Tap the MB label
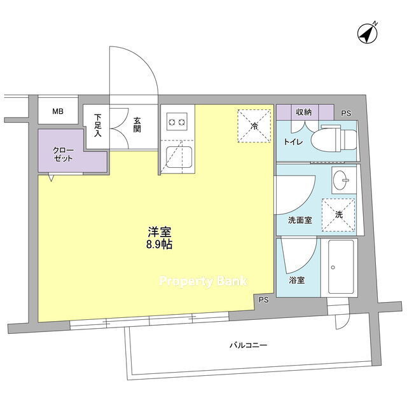(58, 112)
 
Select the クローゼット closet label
(63, 154)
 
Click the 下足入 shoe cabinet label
(97, 125)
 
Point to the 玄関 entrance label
(137, 125)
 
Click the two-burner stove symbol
(177, 121)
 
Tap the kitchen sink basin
(179, 157)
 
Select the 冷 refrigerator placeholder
(254, 126)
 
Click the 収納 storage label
(304, 113)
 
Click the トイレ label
(293, 142)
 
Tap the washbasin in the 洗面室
(341, 180)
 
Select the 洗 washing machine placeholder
(338, 215)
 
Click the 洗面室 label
(300, 221)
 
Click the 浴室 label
(297, 280)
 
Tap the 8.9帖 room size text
(160, 244)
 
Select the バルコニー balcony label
(248, 345)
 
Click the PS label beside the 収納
(346, 113)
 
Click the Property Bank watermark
(203, 281)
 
